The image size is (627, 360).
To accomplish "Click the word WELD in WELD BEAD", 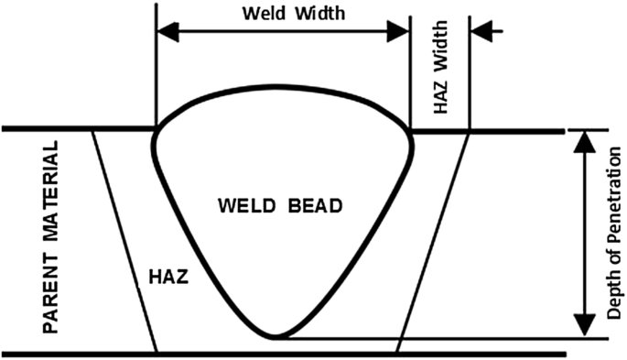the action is [247, 206].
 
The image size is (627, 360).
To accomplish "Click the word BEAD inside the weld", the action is [315, 206].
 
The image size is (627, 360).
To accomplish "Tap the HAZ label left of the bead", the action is [168, 277].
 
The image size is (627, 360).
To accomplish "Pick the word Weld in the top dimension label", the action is [265, 13].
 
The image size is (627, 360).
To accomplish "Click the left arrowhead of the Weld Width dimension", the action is [168, 31].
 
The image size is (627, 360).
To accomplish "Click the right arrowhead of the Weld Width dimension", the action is [397, 31].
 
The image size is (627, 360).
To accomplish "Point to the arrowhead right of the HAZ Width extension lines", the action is [481, 31].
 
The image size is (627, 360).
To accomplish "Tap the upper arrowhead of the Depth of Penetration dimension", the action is [585, 142].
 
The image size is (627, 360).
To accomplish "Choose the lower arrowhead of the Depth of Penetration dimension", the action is [585, 325].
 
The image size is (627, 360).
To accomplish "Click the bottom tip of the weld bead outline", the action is [275, 336].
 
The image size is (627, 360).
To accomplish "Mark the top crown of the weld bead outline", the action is [284, 87].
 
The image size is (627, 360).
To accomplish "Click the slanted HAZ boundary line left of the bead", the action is [124, 242].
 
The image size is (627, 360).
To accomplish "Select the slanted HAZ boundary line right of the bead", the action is [433, 242].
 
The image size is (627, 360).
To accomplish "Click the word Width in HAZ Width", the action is [440, 48].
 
